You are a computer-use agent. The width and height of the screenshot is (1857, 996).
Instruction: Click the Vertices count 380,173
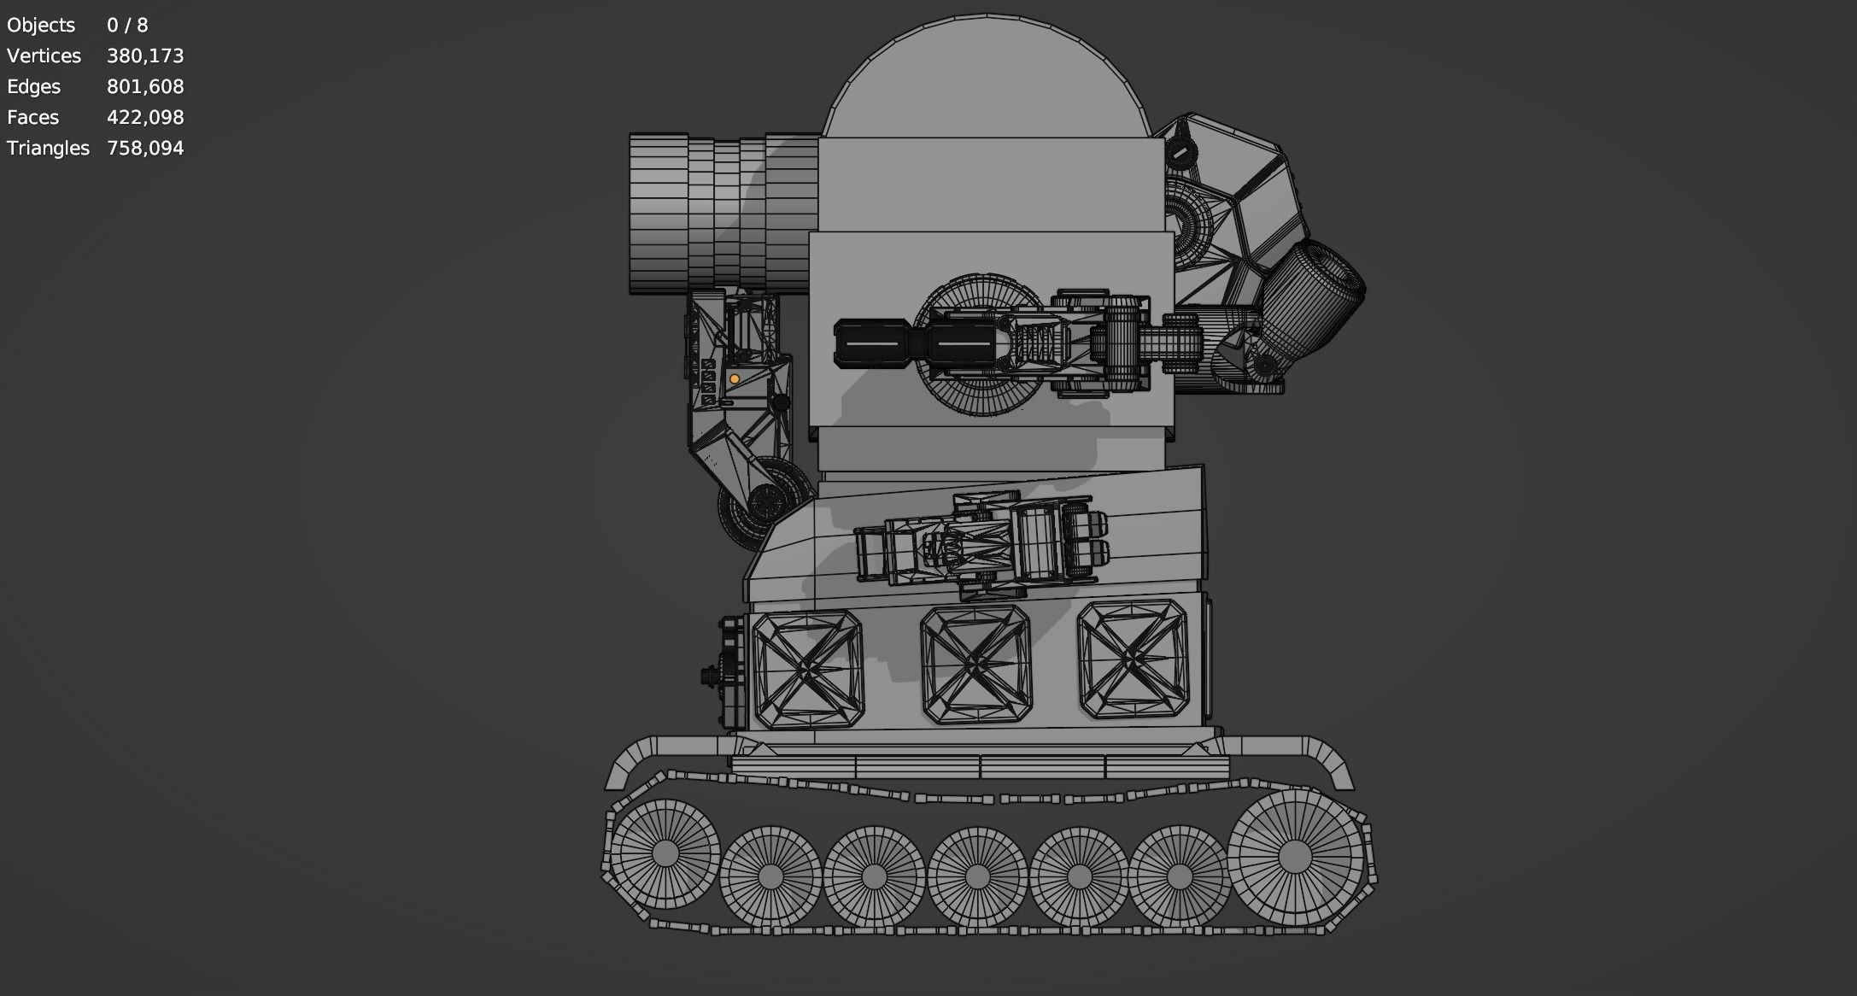145,56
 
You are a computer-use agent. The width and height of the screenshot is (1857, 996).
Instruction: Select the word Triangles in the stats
48,149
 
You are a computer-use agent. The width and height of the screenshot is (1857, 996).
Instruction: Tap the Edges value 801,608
145,87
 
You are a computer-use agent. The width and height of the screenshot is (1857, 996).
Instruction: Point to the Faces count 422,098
145,118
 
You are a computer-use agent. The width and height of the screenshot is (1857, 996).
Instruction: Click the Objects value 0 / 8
127,26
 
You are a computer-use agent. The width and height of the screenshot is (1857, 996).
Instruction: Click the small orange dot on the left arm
734,379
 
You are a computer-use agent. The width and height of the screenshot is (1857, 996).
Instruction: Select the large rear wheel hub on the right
1294,856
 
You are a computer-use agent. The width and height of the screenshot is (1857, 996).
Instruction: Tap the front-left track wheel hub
665,852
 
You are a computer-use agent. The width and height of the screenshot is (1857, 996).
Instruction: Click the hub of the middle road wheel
976,876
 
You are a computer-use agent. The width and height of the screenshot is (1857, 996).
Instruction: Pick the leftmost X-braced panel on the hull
807,670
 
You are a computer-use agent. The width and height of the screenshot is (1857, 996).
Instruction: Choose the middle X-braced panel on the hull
975,664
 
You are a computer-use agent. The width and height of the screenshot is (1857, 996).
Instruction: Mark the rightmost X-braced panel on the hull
1133,659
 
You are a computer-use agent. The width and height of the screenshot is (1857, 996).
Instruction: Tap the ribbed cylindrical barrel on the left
718,214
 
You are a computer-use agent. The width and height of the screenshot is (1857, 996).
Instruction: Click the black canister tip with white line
871,344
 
